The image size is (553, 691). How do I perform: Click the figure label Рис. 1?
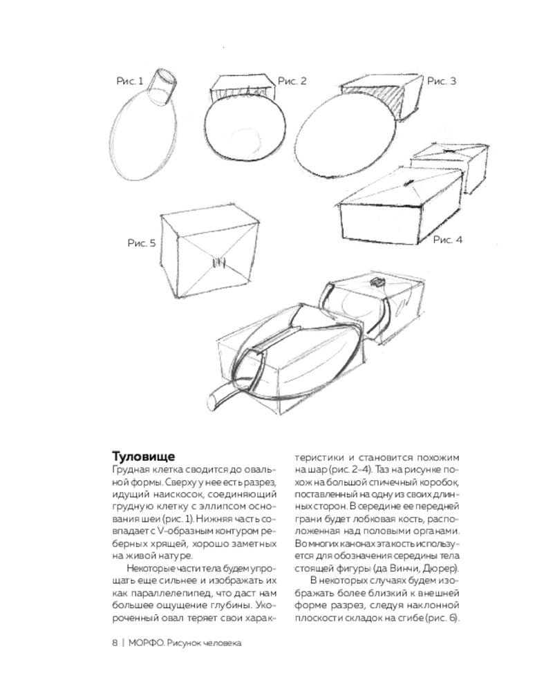[130, 81]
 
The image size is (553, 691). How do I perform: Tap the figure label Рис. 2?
[292, 81]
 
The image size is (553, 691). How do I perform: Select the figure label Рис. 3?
[442, 81]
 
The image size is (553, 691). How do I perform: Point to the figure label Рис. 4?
[448, 240]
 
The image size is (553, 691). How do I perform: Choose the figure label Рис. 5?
[142, 243]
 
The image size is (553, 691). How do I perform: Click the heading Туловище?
[143, 456]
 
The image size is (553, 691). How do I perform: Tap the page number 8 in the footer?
[115, 643]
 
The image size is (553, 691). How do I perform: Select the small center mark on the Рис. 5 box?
[218, 263]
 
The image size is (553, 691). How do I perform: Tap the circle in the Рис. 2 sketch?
[245, 130]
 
